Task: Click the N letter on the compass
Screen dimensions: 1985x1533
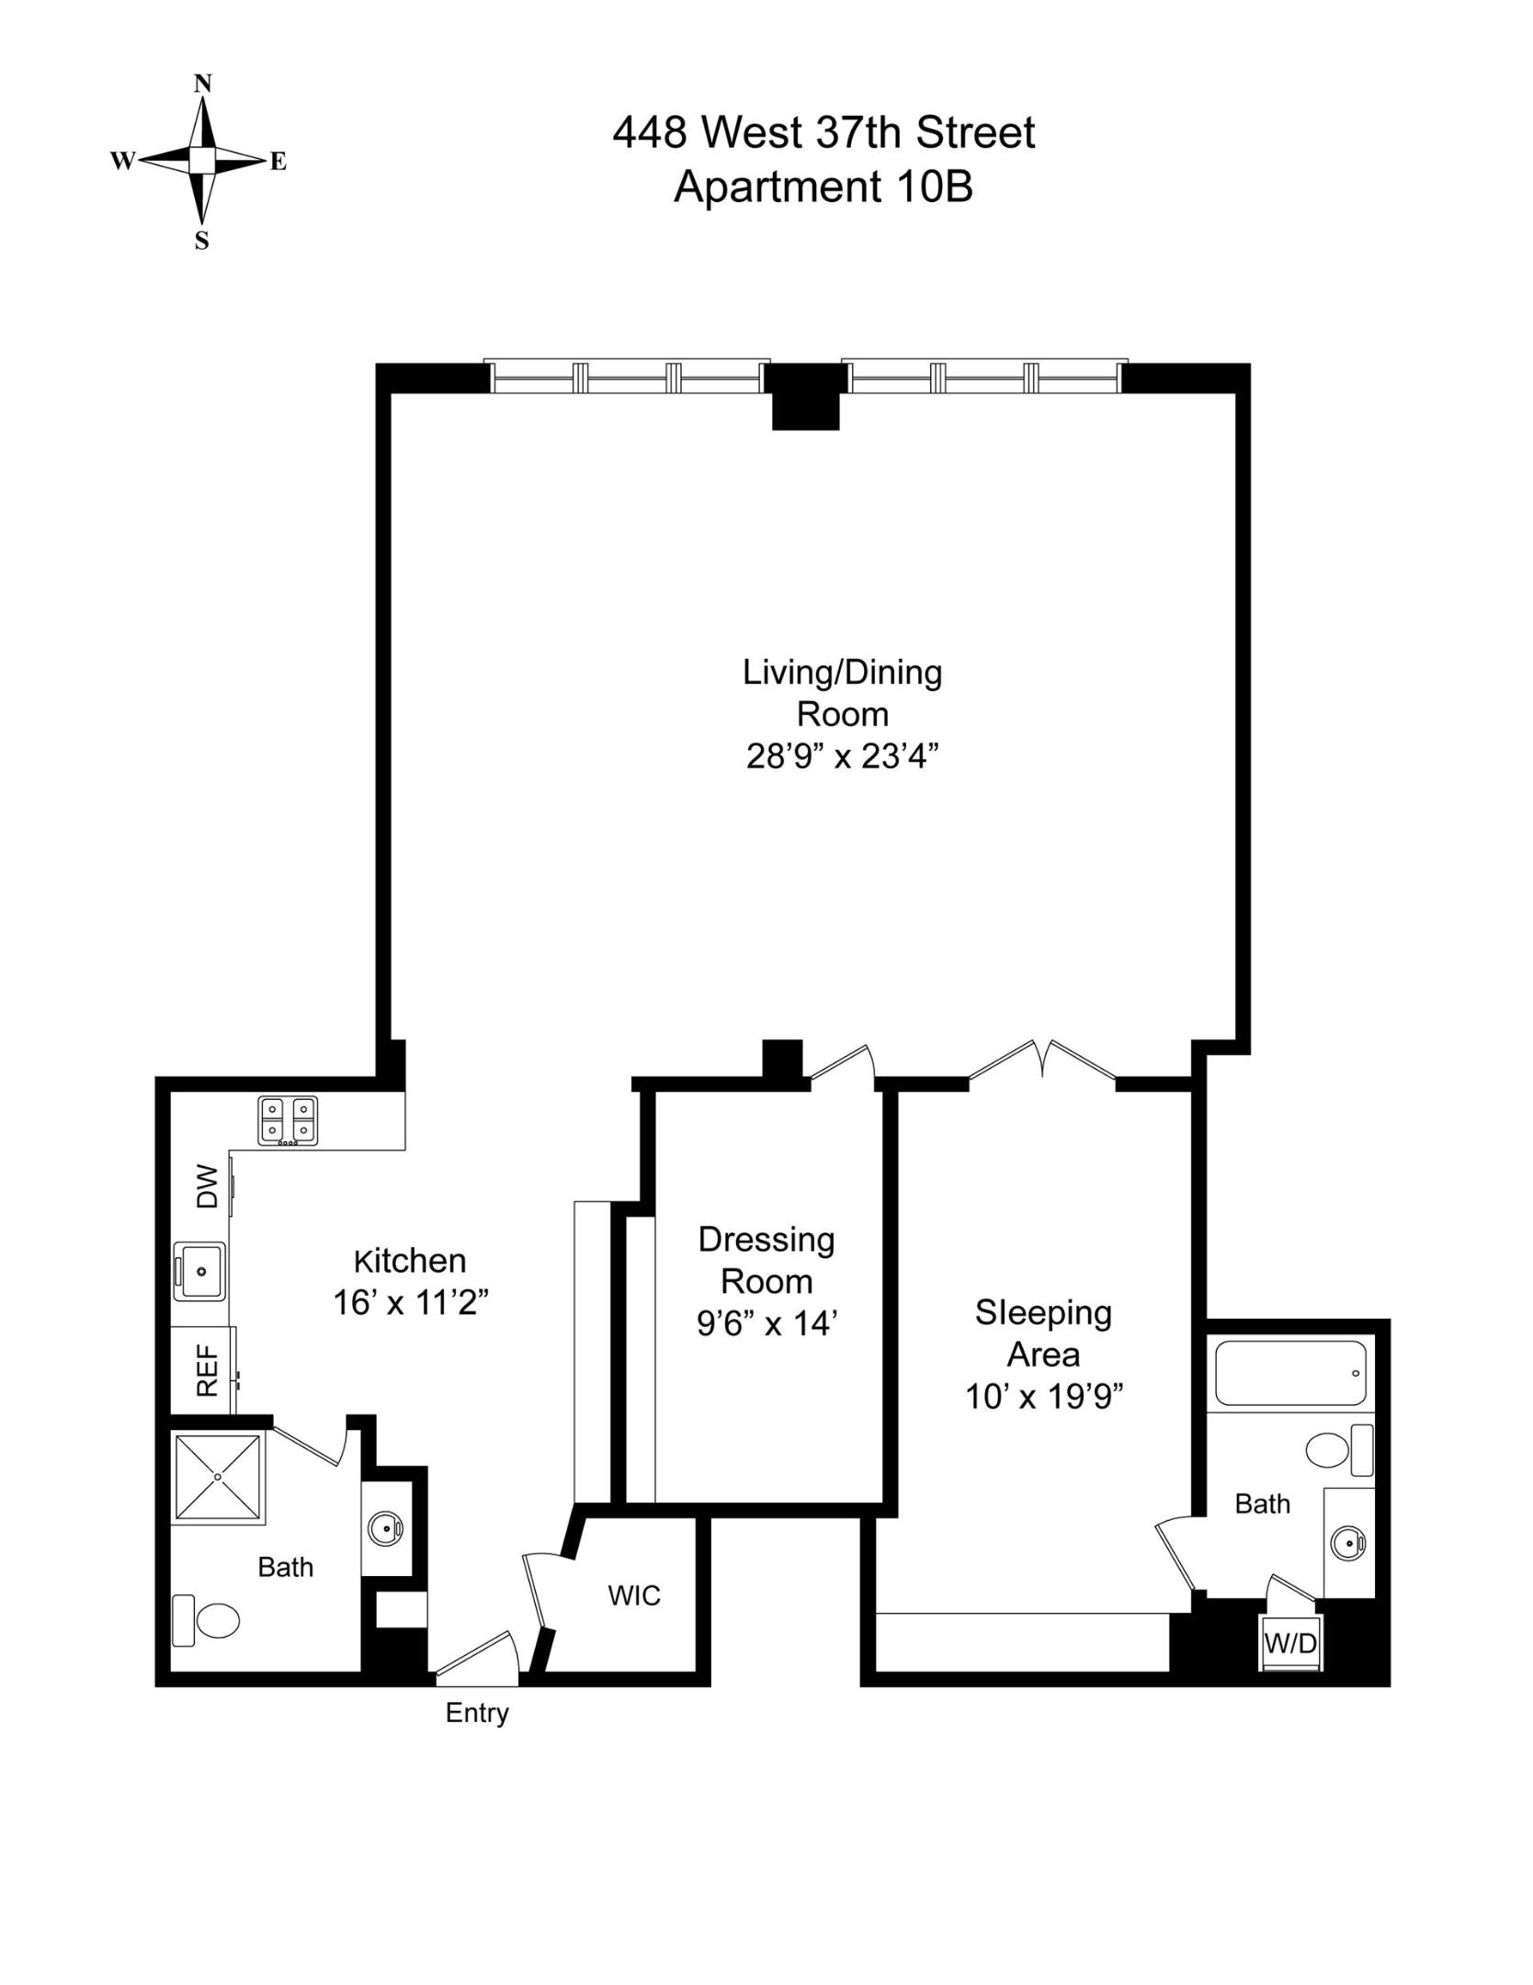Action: pos(203,84)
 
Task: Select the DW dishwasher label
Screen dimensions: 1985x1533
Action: pos(209,1186)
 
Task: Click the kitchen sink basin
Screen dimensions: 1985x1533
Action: pos(200,1271)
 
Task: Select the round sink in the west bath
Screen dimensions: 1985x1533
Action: pos(385,1529)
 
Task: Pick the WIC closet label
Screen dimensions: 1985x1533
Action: pos(634,1596)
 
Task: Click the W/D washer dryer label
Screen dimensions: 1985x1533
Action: pos(1290,1644)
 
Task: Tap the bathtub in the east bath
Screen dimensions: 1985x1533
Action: pos(1290,1373)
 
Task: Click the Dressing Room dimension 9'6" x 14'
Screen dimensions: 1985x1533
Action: pos(766,1324)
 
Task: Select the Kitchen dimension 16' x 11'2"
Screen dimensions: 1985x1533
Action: pos(410,1303)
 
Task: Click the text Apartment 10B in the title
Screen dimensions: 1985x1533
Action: pos(823,187)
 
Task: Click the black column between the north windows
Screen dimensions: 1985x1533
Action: pos(805,396)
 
